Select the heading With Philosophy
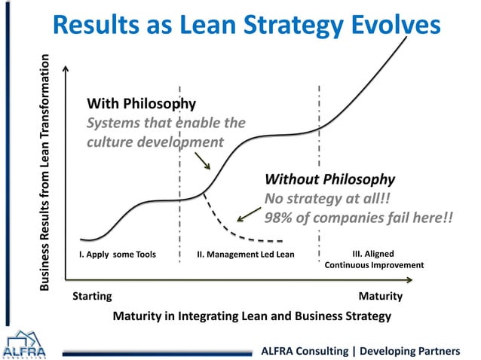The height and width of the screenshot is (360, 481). (142, 103)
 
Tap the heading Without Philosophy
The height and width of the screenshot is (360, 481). (329, 179)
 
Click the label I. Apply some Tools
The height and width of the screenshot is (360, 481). (118, 255)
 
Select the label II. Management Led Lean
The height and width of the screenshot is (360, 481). (246, 255)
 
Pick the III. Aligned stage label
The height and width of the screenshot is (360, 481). (373, 254)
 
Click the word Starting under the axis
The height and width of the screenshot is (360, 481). (91, 296)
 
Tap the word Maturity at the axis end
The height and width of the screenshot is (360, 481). (381, 296)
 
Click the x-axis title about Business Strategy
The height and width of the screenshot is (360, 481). (252, 316)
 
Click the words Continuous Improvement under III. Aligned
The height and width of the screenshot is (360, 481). (374, 265)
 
